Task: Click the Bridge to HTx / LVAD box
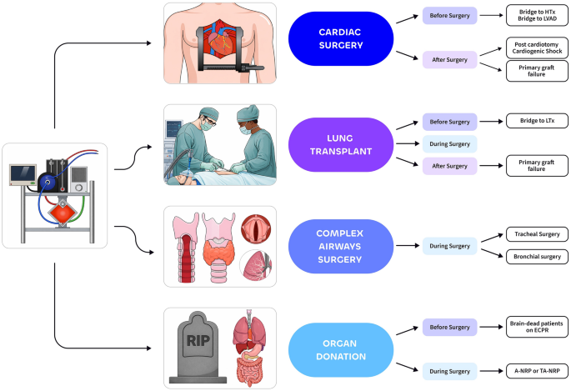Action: [537, 16]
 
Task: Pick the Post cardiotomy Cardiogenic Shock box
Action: [537, 48]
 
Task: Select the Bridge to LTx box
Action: [537, 122]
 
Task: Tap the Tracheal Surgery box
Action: [537, 235]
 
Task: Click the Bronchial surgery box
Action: [537, 257]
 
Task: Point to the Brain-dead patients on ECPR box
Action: [537, 328]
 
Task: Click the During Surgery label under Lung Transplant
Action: [449, 143]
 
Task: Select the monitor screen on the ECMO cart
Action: [22, 175]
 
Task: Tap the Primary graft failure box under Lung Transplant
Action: [537, 165]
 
